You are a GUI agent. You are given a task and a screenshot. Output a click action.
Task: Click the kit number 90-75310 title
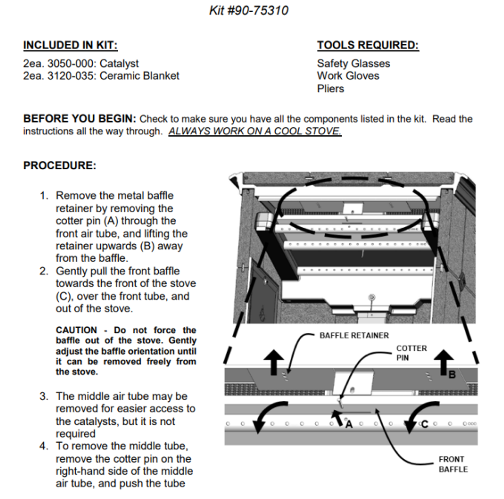(x=248, y=10)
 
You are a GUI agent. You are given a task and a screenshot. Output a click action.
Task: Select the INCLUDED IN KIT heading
(x=70, y=45)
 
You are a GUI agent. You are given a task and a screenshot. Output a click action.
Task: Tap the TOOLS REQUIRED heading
(x=368, y=45)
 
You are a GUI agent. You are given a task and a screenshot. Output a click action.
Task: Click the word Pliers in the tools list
(x=330, y=89)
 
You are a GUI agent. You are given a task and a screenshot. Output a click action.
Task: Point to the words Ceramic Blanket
(x=139, y=76)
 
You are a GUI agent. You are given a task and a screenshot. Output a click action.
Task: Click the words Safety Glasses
(x=353, y=63)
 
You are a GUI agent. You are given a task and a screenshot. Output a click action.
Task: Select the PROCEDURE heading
(x=59, y=165)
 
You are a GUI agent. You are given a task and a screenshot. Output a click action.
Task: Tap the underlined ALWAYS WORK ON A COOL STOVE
(x=255, y=131)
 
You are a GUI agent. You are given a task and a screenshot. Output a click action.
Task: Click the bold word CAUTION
(x=76, y=330)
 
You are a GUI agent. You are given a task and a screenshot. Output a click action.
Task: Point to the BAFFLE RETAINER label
(x=354, y=336)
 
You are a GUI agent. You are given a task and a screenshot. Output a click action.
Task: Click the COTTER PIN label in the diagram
(x=411, y=353)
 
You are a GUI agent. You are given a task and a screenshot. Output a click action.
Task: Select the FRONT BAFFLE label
(x=453, y=464)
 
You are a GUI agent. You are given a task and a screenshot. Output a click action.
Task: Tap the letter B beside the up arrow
(x=452, y=374)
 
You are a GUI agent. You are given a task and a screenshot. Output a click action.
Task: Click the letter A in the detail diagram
(x=349, y=424)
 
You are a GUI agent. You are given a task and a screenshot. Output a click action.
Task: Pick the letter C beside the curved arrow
(x=424, y=424)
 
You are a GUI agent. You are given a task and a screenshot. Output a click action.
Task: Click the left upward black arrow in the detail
(x=274, y=361)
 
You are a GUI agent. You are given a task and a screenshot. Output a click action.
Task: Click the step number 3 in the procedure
(x=44, y=396)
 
